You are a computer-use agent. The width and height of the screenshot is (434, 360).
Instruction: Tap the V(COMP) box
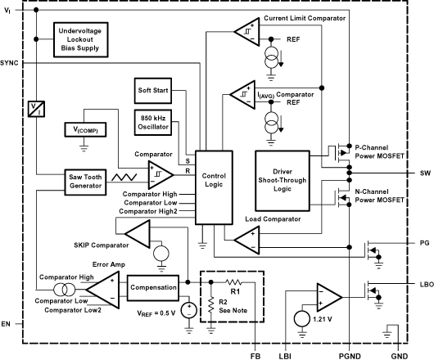click(x=84, y=131)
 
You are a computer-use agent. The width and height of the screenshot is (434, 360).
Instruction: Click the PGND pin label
click(x=349, y=354)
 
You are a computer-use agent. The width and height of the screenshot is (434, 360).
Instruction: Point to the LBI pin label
click(x=284, y=354)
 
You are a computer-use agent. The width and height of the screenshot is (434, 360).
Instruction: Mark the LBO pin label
click(x=423, y=283)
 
